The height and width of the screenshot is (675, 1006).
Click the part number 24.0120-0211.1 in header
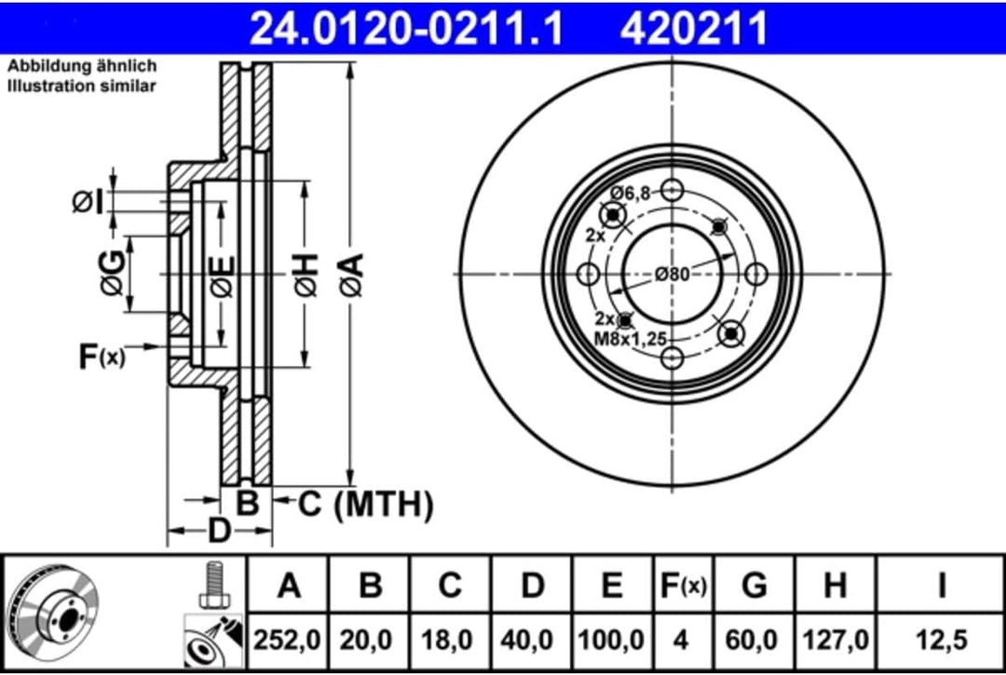click(405, 28)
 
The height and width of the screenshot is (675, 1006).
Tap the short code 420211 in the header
click(694, 28)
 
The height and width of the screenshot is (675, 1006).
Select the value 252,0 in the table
click(287, 640)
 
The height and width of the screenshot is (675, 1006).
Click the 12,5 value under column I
click(941, 640)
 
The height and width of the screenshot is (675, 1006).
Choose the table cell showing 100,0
click(611, 640)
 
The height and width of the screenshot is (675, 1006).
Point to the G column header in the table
click(754, 586)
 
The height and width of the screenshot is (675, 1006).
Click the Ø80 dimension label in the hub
click(673, 275)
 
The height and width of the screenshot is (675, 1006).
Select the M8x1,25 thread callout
click(631, 339)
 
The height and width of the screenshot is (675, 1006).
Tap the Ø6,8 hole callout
click(631, 192)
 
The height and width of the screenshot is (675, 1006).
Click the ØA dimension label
click(351, 275)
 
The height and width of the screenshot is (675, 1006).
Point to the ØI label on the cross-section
click(88, 203)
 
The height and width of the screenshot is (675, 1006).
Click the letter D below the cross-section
click(219, 531)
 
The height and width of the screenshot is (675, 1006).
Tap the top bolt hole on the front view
click(673, 190)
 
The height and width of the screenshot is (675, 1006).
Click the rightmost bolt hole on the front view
click(756, 275)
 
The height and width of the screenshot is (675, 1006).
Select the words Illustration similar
click(81, 86)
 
